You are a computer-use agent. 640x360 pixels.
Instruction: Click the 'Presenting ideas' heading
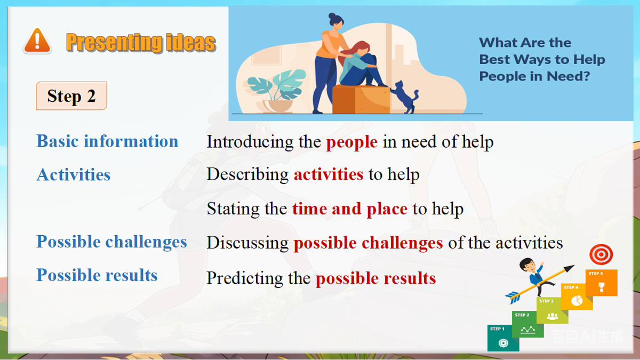[141, 42]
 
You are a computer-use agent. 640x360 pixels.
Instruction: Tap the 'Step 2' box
[71, 96]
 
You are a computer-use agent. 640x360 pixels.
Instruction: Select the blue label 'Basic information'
[107, 141]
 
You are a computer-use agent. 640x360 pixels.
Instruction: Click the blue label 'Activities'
[74, 175]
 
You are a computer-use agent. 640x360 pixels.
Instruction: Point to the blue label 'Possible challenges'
[111, 242]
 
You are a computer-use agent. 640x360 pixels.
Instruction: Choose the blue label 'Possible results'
[97, 275]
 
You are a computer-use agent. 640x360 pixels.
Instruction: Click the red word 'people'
[352, 142]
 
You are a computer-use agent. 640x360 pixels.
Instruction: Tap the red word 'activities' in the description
[329, 175]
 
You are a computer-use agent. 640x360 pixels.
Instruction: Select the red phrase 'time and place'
[350, 209]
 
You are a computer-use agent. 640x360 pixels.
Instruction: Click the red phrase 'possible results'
[375, 278]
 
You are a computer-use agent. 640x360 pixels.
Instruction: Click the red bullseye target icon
[601, 255]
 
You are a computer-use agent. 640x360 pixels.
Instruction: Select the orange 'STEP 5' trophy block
[602, 283]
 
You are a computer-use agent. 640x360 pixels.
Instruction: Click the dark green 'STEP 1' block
[502, 338]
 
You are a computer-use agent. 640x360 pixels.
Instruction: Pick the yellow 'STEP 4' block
[576, 297]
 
